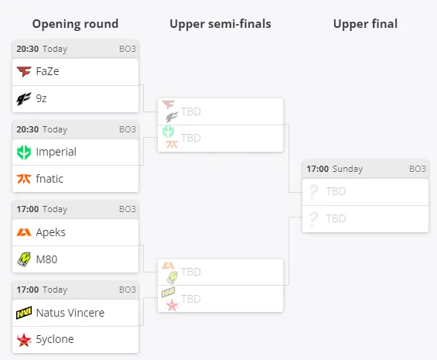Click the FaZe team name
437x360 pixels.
[x=47, y=71]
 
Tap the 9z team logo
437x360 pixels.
[x=24, y=99]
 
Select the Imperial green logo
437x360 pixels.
[x=24, y=153]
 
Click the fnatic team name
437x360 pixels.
[x=50, y=179]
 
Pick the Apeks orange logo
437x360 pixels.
[x=24, y=232]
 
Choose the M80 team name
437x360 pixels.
[x=46, y=259]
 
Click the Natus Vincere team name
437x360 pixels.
[x=70, y=313]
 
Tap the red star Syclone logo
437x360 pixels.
[x=24, y=340]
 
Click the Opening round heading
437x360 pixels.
[x=75, y=24]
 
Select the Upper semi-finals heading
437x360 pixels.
[x=220, y=24]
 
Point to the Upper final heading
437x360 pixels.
[x=365, y=24]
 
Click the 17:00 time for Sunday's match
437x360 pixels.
[x=318, y=169]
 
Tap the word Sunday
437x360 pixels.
[x=347, y=169]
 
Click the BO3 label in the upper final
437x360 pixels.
[x=418, y=169]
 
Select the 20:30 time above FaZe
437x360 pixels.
[x=28, y=49]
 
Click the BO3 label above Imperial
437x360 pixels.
[x=128, y=129]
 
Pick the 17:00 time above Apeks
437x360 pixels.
[x=28, y=209]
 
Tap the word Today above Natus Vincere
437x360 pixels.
[x=55, y=290]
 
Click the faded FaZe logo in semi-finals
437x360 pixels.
[x=168, y=105]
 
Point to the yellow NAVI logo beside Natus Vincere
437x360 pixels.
[x=24, y=313]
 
